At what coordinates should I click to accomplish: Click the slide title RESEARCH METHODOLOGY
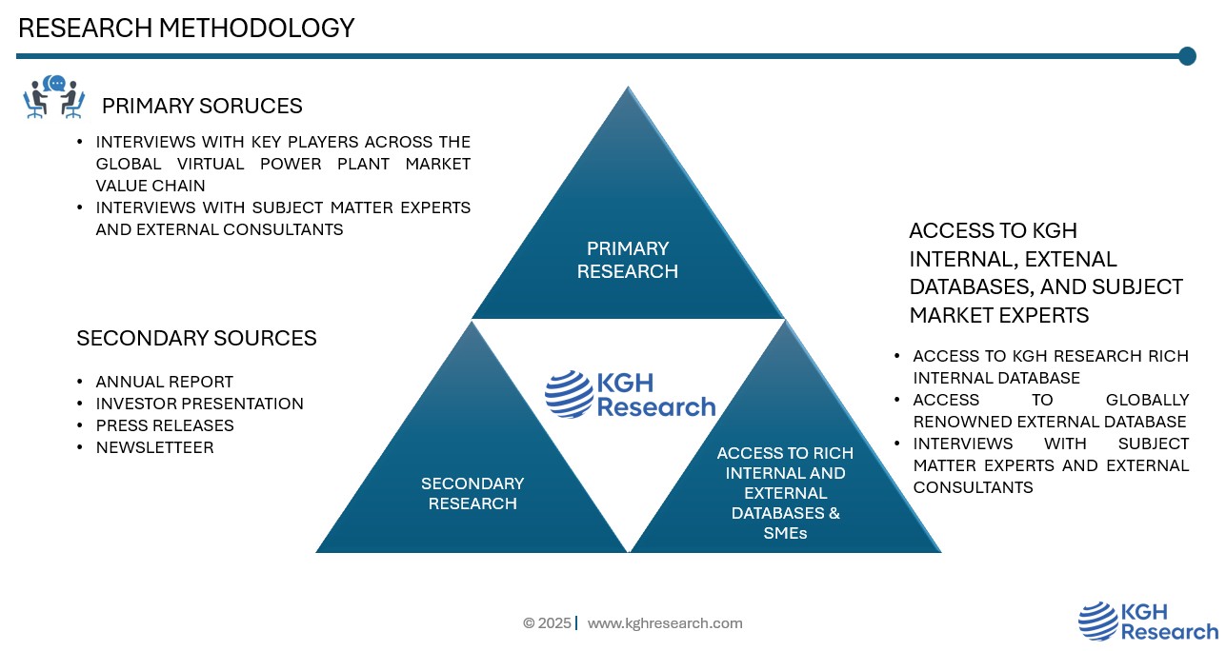(187, 29)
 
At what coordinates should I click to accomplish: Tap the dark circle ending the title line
(1187, 56)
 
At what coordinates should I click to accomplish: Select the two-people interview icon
(54, 98)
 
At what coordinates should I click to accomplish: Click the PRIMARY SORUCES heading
(202, 106)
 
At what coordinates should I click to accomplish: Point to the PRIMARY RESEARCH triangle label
(627, 260)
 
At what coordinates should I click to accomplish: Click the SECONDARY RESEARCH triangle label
(472, 494)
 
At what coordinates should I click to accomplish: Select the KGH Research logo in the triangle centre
(630, 395)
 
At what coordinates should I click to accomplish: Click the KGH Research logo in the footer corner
(1148, 621)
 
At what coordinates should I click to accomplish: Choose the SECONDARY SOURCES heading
(196, 338)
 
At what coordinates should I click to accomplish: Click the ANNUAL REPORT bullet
(165, 382)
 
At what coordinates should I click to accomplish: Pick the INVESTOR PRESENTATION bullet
(200, 404)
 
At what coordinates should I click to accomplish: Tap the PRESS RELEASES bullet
(165, 425)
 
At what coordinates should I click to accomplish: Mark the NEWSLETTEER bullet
(154, 447)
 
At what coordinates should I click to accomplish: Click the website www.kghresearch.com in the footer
(665, 623)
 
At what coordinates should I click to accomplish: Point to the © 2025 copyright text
(547, 623)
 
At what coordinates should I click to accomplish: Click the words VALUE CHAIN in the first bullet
(151, 186)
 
